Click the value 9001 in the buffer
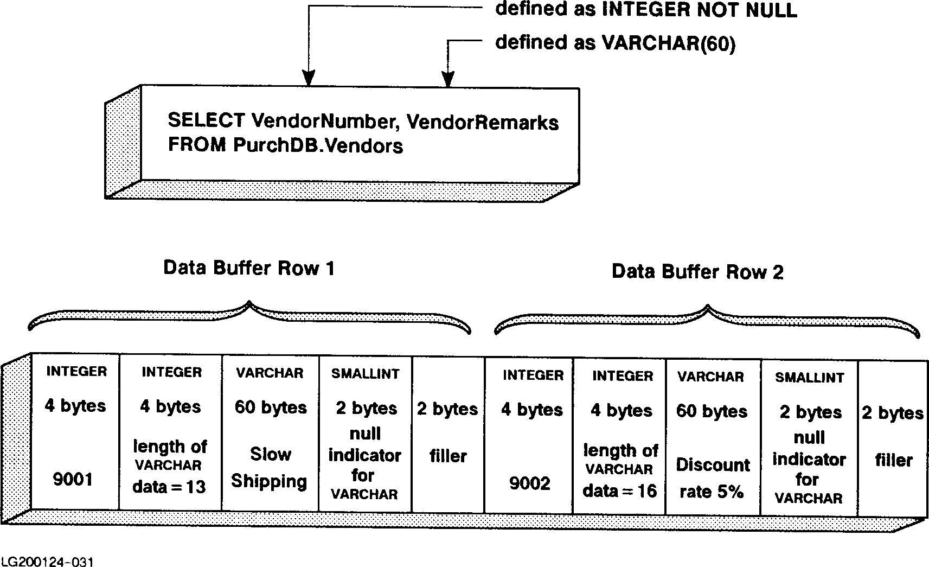(73, 479)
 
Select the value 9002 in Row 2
(530, 483)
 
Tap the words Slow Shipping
(270, 468)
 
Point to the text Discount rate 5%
(712, 478)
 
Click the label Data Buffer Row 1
(249, 268)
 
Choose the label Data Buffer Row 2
(697, 271)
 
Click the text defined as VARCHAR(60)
(615, 43)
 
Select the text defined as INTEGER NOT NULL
(646, 10)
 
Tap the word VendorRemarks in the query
(482, 123)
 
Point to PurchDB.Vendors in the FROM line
(318, 145)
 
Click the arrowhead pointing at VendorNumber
(308, 80)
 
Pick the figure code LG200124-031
(43, 560)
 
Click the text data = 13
(169, 487)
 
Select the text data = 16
(620, 491)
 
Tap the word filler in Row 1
(448, 456)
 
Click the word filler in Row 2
(894, 460)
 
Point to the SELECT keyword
(207, 120)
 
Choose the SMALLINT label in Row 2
(809, 378)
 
